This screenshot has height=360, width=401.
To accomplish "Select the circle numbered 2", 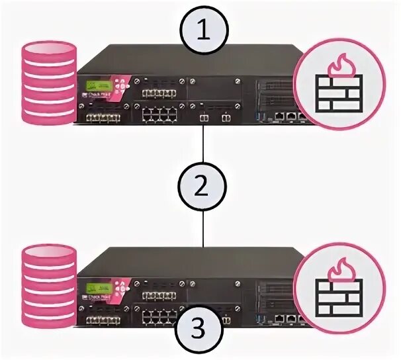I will click(202, 186).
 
